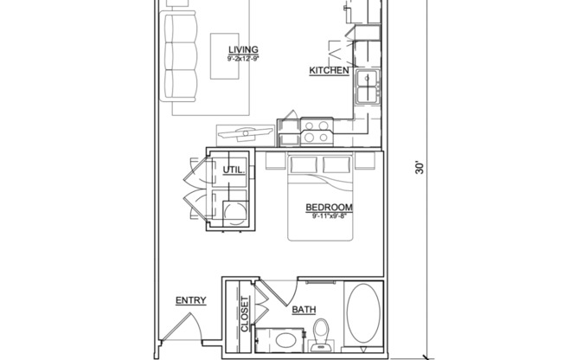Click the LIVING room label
tap(243, 49)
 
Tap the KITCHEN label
tap(330, 71)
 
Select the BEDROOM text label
tap(329, 207)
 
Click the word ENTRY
tap(190, 300)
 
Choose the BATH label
tap(304, 309)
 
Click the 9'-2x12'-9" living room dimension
tap(243, 59)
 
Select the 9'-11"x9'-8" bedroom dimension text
tap(329, 216)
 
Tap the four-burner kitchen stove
tap(315, 131)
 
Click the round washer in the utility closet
tap(232, 213)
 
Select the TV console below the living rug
tap(246, 135)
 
